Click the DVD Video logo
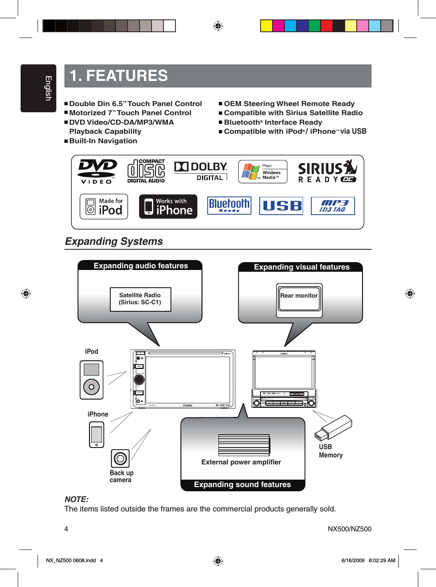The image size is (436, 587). tap(97, 171)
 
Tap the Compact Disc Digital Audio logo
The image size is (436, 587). tap(146, 171)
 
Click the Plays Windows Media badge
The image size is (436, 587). tap(263, 172)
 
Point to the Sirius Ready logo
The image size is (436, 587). tap(327, 171)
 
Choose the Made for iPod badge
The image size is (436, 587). tap(104, 206)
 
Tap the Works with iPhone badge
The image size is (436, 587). tap(168, 206)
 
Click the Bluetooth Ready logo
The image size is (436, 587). tap(229, 206)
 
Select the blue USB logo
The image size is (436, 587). tap(281, 206)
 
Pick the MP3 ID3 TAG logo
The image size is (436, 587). tap(333, 206)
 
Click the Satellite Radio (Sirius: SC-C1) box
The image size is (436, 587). tap(140, 299)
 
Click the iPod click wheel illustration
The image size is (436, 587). tap(91, 387)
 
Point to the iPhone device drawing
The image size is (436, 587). tap(97, 435)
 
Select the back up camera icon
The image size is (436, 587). tap(120, 459)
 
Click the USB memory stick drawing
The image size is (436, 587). tap(333, 428)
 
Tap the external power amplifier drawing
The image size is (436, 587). tap(244, 445)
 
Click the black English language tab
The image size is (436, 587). tap(38, 88)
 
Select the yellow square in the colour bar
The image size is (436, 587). tap(266, 26)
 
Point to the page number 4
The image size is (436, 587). tap(66, 529)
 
